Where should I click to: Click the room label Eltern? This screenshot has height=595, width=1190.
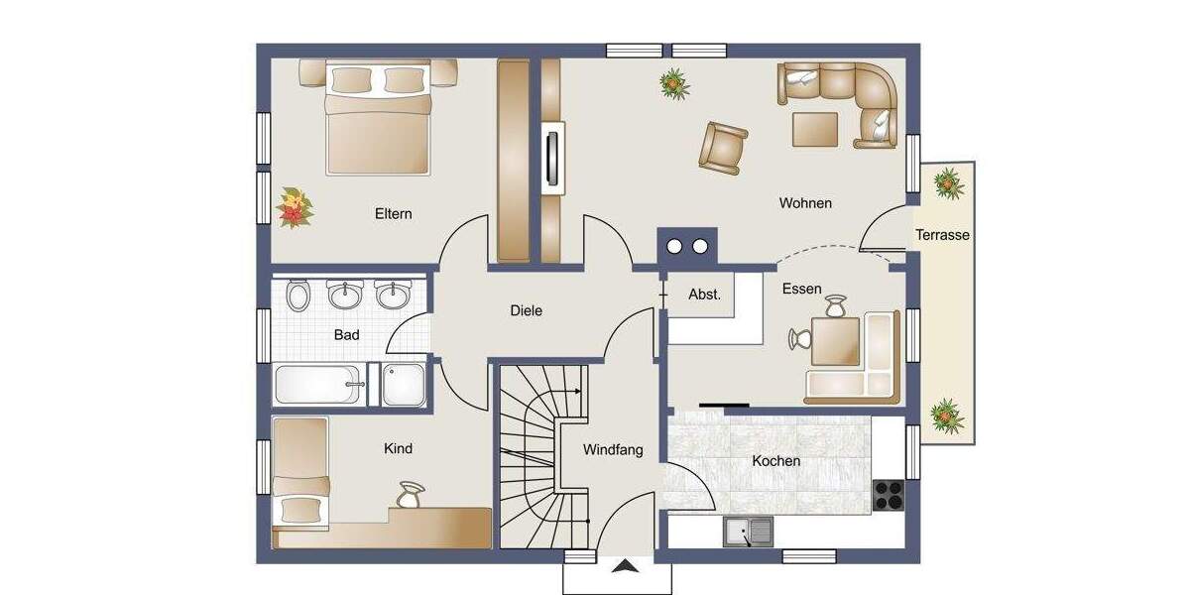pyautogui.click(x=393, y=214)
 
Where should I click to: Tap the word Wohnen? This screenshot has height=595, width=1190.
pyautogui.click(x=805, y=203)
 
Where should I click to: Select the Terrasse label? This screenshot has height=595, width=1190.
pyautogui.click(x=942, y=236)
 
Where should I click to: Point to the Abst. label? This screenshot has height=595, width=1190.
pyautogui.click(x=704, y=295)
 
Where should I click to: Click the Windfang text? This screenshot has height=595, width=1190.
pyautogui.click(x=613, y=450)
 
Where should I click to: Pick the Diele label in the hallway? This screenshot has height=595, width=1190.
pyautogui.click(x=526, y=311)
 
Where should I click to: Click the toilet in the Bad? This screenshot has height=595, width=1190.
pyautogui.click(x=297, y=295)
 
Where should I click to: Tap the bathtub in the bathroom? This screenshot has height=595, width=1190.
pyautogui.click(x=317, y=384)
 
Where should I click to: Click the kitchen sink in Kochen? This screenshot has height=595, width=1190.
pyautogui.click(x=749, y=533)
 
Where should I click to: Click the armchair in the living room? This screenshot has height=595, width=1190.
pyautogui.click(x=722, y=146)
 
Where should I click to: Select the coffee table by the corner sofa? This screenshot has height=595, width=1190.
pyautogui.click(x=815, y=128)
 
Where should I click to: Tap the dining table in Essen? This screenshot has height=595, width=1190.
pyautogui.click(x=835, y=341)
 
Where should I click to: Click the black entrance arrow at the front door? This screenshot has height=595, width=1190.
pyautogui.click(x=625, y=567)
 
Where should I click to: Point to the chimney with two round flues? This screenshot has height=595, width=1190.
pyautogui.click(x=688, y=245)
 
